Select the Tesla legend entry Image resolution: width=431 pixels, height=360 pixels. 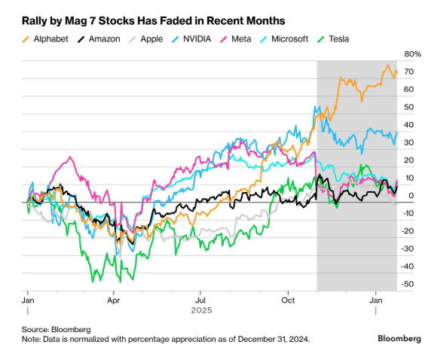coord(336,38)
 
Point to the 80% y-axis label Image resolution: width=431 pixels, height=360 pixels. coord(413,55)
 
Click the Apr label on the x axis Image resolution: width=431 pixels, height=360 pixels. coord(113,299)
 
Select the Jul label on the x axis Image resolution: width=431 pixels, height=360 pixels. coord(200,299)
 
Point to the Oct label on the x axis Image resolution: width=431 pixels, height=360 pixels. coord(287,299)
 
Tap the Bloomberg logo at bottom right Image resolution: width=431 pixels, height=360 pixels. coord(399,339)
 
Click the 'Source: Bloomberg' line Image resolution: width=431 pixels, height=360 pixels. coord(57,329)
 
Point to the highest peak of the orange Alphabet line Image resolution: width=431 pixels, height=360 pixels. coord(387,66)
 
